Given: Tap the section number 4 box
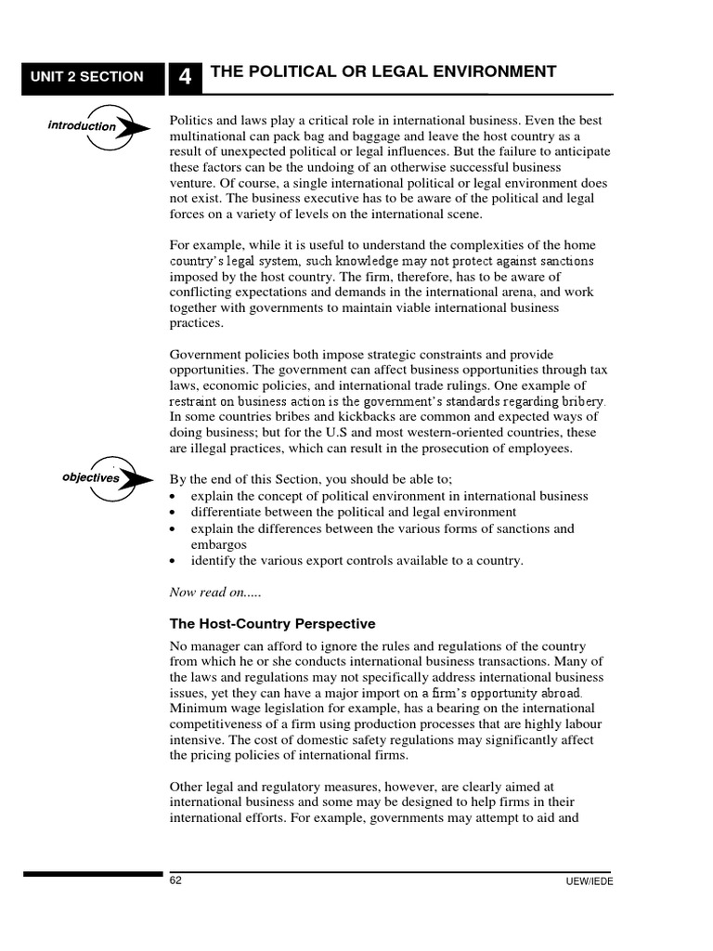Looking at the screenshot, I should [x=185, y=78].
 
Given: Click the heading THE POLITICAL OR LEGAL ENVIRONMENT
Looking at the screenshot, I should [x=383, y=72].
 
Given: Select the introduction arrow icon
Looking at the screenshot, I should [x=98, y=126].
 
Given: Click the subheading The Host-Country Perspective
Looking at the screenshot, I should [x=272, y=623].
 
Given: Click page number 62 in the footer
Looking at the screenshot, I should [x=175, y=881].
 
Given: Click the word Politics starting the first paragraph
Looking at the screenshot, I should [x=192, y=121].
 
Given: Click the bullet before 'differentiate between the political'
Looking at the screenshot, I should [x=175, y=513].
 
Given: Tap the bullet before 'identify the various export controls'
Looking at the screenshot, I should [x=175, y=561].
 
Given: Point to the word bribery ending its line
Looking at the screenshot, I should [x=581, y=402].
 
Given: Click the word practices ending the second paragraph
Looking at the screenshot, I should [x=197, y=323].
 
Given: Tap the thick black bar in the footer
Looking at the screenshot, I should [x=93, y=874].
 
